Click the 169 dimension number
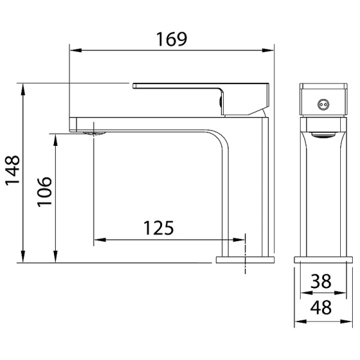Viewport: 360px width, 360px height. tap(172, 39)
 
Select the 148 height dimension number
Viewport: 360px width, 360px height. tap(13, 173)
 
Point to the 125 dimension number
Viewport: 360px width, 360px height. tap(158, 228)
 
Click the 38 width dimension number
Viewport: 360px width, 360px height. tap(322, 281)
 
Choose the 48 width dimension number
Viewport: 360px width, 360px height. tap(322, 308)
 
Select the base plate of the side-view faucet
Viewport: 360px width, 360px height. tap(245, 260)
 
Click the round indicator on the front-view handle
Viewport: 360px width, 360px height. tap(323, 104)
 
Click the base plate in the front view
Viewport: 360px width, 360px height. tap(322, 260)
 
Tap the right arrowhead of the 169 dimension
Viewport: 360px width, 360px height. tap(269, 52)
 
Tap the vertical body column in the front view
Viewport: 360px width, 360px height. tap(322, 192)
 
